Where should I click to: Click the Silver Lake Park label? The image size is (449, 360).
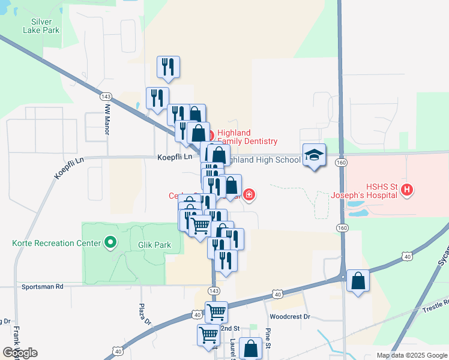(41, 24)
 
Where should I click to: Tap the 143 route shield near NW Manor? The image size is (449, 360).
(106, 97)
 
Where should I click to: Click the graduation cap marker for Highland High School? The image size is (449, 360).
(314, 155)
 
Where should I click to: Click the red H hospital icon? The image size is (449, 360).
(408, 190)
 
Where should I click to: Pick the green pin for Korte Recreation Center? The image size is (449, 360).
(110, 242)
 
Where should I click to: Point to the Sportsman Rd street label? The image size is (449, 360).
(42, 287)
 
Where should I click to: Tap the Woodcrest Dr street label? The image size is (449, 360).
(289, 316)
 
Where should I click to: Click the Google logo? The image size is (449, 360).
(20, 353)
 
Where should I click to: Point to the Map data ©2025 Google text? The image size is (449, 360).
(411, 355)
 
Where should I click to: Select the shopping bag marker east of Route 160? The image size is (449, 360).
(358, 281)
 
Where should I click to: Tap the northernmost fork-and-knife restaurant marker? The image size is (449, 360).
(168, 67)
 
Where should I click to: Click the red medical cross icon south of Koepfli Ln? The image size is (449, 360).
(249, 195)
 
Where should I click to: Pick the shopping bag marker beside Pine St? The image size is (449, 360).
(250, 348)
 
